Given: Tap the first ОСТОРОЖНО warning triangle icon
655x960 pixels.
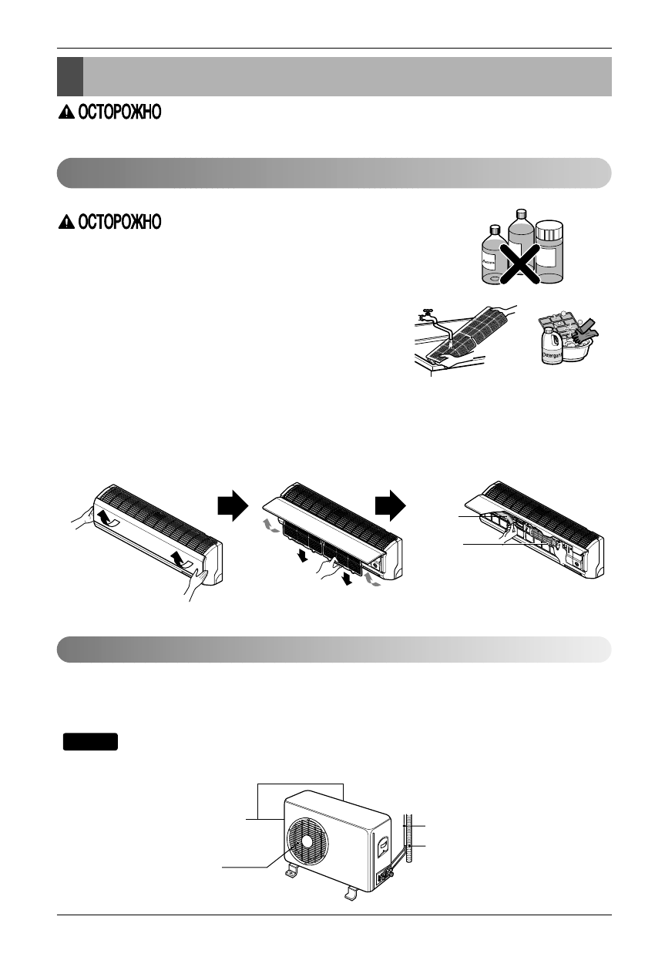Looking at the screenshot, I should point(65,114).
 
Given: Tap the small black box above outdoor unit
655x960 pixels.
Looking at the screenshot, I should point(90,741).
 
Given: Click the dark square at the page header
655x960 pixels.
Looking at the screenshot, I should point(69,76).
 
